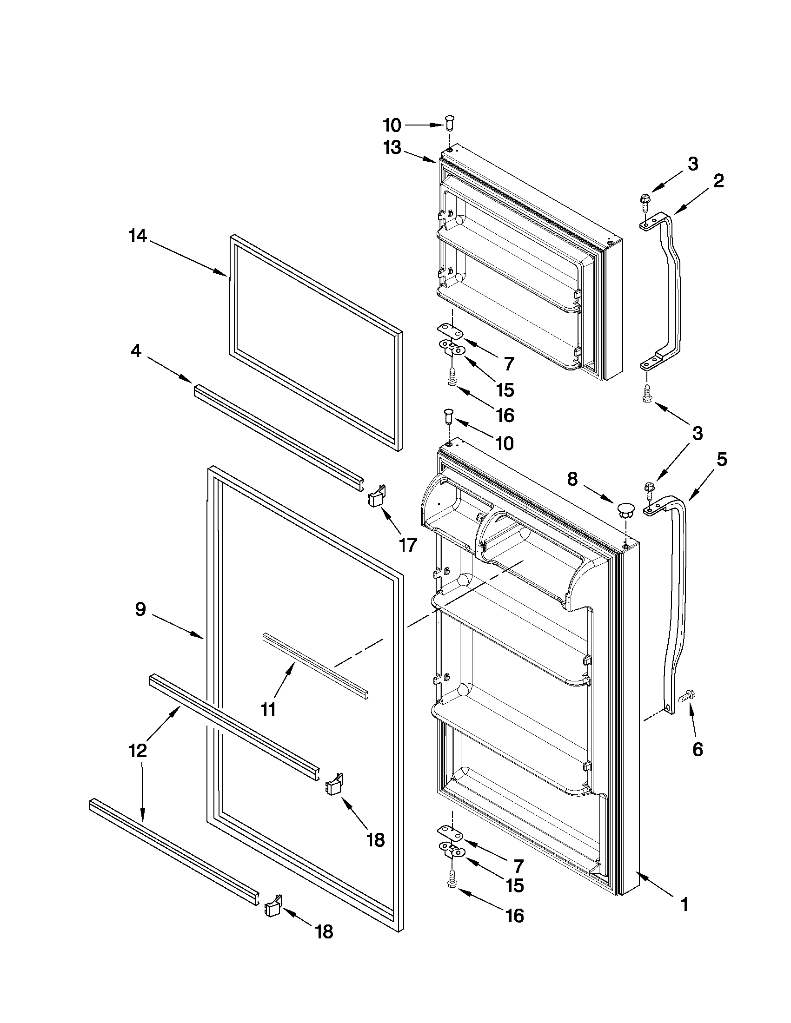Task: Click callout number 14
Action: click(138, 237)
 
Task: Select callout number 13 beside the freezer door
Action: click(392, 148)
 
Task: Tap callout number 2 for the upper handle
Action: click(718, 181)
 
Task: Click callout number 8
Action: click(572, 479)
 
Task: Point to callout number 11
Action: click(268, 710)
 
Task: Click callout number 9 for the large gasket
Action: click(140, 609)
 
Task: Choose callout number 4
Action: click(136, 350)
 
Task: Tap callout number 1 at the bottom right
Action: click(685, 905)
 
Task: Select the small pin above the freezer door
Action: click(449, 123)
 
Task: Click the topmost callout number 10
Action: click(392, 125)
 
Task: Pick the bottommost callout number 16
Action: click(514, 916)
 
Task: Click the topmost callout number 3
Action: click(692, 164)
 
